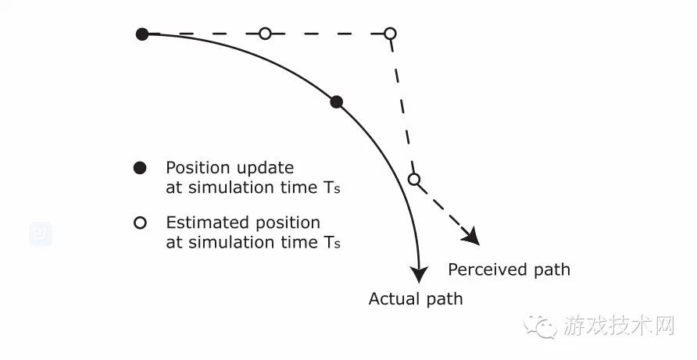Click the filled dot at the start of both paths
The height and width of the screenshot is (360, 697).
(142, 34)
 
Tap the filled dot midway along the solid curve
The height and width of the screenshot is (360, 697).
(337, 102)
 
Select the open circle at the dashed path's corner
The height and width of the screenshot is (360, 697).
(390, 34)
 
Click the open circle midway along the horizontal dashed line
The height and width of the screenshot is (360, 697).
(265, 34)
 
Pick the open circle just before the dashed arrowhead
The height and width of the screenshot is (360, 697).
(414, 179)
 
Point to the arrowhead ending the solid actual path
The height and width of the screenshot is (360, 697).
(418, 274)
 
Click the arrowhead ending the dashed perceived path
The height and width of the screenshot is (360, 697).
(471, 236)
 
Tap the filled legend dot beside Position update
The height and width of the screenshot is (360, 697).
(140, 168)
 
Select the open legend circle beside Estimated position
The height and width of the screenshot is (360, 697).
(140, 223)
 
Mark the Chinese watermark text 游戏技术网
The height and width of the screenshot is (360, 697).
(619, 326)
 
